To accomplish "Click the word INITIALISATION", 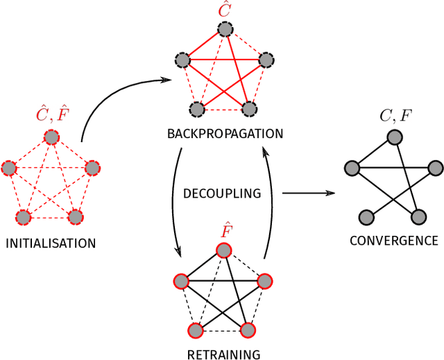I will [x=51, y=243].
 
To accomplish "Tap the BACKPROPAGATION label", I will [x=225, y=132].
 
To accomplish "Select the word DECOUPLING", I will [x=221, y=194].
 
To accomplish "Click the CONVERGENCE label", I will [x=393, y=241].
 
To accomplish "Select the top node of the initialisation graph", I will [x=51, y=137].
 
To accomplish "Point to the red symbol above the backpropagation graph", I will [x=224, y=10].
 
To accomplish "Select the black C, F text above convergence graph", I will [x=394, y=116].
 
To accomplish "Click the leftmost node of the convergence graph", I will [x=352, y=168].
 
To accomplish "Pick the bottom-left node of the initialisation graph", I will [x=24, y=218].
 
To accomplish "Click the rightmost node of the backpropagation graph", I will [x=266, y=60].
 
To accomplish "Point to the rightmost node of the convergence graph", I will [x=436, y=168].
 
